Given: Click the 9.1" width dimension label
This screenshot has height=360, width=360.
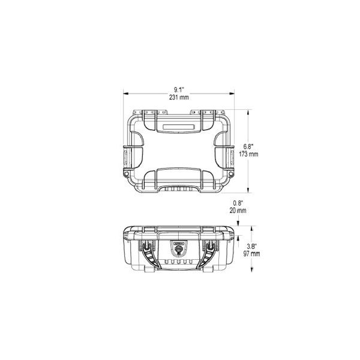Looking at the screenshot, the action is [x=179, y=90].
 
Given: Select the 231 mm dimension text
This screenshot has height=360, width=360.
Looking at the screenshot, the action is [x=179, y=97].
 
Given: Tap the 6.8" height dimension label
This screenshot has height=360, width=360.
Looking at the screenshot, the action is [x=248, y=146].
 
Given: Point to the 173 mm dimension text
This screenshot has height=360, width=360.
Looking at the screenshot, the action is [x=248, y=154].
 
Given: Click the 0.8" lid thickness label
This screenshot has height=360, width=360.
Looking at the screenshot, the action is [x=238, y=203].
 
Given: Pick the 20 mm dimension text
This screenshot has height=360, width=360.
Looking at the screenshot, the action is [x=238, y=211].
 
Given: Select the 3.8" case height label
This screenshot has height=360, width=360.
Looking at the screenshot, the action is [x=252, y=247].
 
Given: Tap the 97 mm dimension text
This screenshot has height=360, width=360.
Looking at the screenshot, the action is [x=252, y=254].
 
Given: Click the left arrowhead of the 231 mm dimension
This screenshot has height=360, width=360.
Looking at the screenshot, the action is [x=125, y=94].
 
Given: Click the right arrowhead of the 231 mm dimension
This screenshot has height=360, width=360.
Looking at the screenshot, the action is [x=232, y=94].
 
